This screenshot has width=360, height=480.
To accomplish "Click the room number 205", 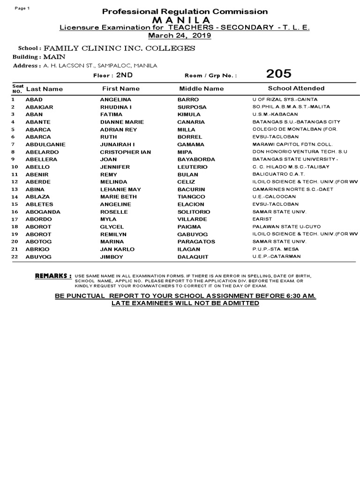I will [x=278, y=74].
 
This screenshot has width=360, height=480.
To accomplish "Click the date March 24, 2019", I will [x=180, y=36].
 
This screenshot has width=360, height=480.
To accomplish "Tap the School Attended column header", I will [x=296, y=88].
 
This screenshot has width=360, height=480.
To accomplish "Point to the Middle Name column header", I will [x=202, y=89].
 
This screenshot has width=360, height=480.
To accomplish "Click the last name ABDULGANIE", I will [x=45, y=144].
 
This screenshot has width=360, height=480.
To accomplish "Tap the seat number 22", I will [x=14, y=256].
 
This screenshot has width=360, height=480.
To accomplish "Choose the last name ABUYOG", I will [x=38, y=257].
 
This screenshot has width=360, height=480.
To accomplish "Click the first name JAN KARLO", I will [x=117, y=249].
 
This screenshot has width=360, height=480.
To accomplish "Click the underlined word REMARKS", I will [x=53, y=276].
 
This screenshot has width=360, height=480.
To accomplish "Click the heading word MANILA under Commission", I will [x=180, y=20].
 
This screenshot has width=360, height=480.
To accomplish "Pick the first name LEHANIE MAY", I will [x=120, y=189].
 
